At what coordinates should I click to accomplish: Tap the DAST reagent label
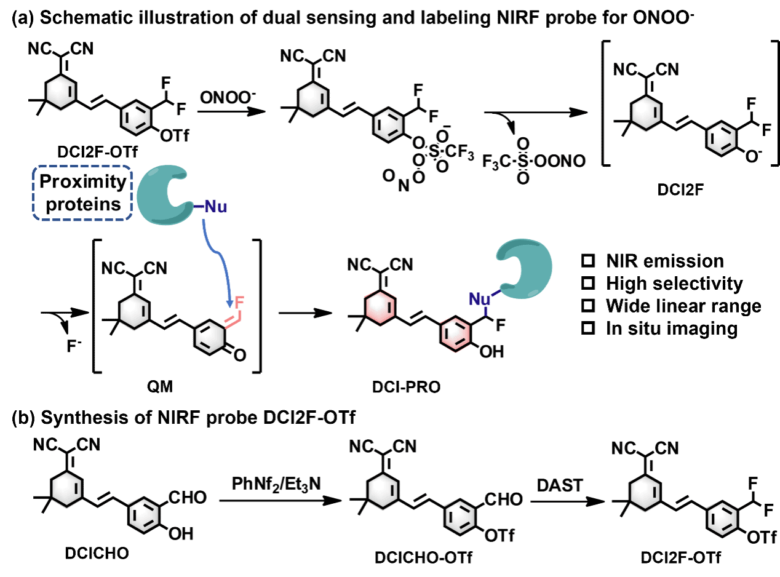tap(560, 485)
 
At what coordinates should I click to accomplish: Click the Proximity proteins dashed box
tap(82, 193)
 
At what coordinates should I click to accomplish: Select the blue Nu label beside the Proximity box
tap(215, 207)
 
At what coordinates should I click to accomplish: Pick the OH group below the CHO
tap(180, 533)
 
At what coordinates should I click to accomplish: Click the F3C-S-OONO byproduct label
tap(534, 161)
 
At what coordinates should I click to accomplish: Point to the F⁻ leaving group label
tap(72, 346)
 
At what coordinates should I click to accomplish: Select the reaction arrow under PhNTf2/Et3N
tap(280, 501)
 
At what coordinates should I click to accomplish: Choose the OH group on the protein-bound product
tap(491, 351)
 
